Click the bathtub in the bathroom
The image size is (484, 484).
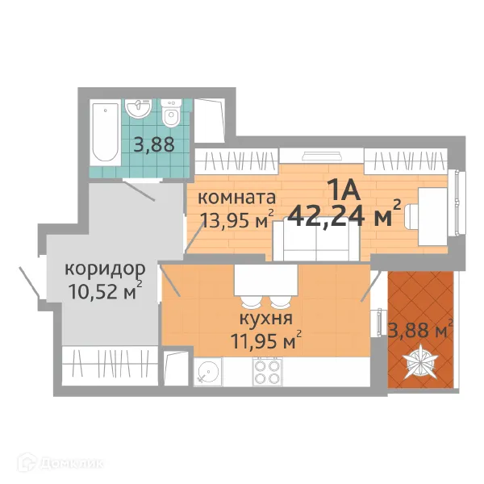coord(104,133)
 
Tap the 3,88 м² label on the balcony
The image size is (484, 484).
coord(420,329)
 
